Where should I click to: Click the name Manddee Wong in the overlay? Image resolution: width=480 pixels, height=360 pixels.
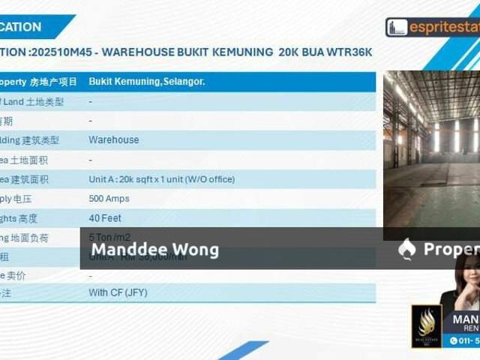pyautogui.click(x=155, y=250)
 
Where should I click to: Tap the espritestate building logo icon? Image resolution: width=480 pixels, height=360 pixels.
pyautogui.click(x=397, y=27)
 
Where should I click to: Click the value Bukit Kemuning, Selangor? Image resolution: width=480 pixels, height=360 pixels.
pyautogui.click(x=147, y=81)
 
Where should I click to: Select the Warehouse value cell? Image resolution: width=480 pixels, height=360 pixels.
pyautogui.click(x=113, y=139)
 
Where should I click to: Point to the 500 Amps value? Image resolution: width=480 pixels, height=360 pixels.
pyautogui.click(x=109, y=199)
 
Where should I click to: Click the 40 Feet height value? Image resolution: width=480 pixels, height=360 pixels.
pyautogui.click(x=104, y=218)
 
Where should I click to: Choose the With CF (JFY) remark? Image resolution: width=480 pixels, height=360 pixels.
pyautogui.click(x=118, y=292)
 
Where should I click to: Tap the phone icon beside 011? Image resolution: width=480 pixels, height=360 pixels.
pyautogui.click(x=454, y=341)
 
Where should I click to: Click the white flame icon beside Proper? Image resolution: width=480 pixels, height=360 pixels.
pyautogui.click(x=407, y=248)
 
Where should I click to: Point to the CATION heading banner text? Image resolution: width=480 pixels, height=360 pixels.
pyautogui.click(x=21, y=27)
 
